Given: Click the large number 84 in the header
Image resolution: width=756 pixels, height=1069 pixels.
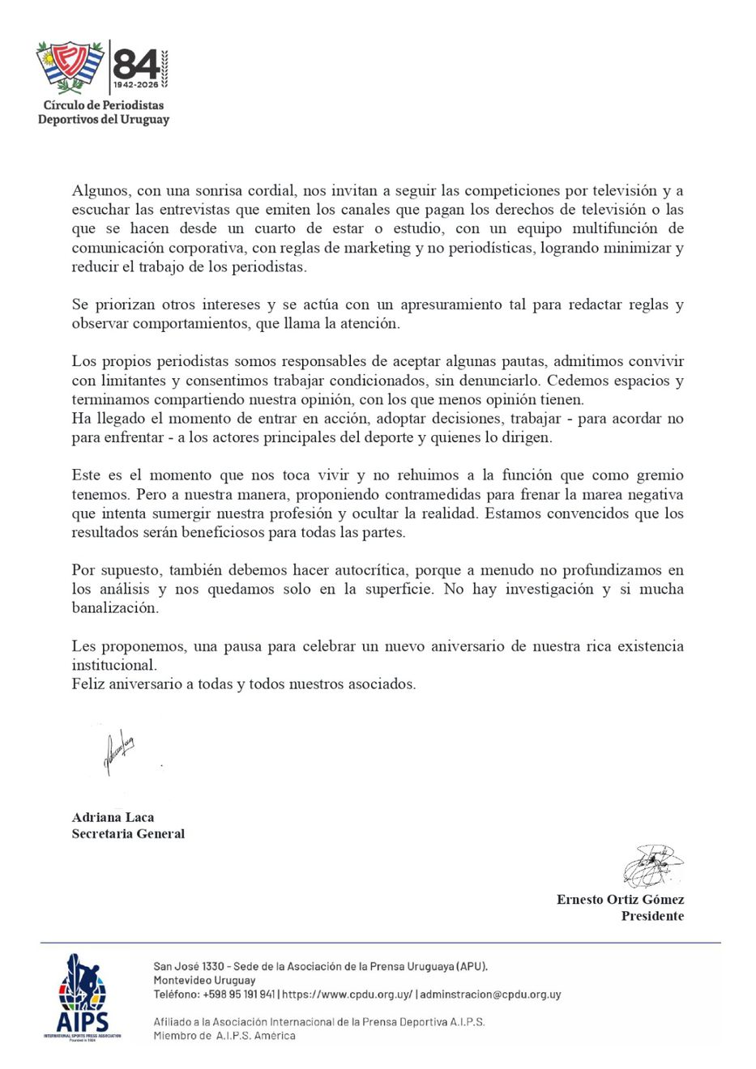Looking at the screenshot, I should pos(135,63).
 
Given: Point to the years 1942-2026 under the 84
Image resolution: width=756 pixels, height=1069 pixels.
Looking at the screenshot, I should pos(135,84).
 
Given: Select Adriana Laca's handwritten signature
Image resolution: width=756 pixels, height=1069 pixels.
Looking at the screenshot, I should pos(117,752).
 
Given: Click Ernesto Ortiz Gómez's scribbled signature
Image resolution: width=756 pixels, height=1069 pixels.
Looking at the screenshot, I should pos(652,865).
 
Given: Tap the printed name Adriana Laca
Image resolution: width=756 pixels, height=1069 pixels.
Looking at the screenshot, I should pos(113,817).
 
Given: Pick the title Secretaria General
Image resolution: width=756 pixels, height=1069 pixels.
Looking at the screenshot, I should pos(128,833).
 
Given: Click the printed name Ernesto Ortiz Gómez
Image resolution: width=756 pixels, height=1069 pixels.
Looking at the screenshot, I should pos(620,899).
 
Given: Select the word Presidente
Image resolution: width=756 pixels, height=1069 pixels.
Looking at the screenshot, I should pos(652,916).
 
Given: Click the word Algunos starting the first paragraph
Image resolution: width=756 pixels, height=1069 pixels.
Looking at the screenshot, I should pos(100,191).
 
